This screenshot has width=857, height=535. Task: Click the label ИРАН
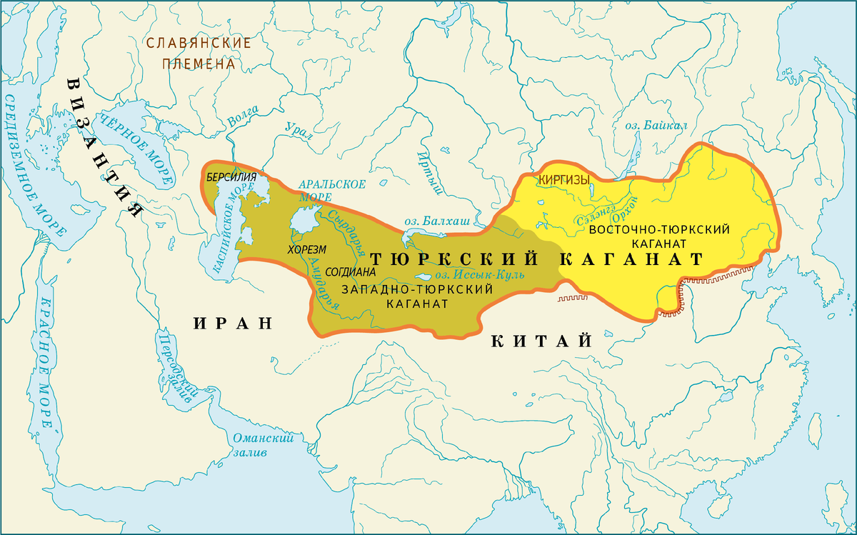[234, 323]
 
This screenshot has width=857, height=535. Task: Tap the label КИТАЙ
[542, 341]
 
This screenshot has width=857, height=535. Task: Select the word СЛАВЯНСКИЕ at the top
[199, 43]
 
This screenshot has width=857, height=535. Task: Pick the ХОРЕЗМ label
[306, 250]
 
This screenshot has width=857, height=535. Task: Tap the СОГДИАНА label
[349, 272]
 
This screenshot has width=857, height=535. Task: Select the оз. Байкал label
[656, 126]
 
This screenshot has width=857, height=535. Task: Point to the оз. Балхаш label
[436, 222]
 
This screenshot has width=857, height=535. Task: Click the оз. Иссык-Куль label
[480, 275]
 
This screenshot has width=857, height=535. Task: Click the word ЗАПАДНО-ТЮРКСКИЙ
[418, 289]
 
